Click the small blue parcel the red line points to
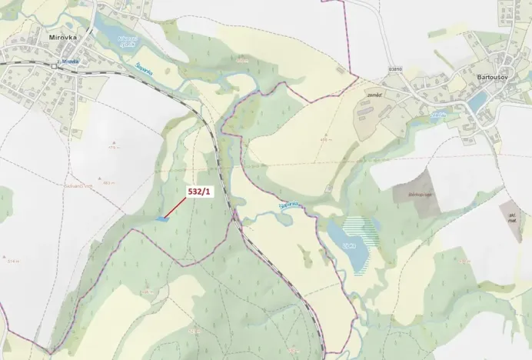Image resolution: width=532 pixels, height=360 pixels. pos(161,219)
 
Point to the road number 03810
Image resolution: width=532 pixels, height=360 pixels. pos(396,68)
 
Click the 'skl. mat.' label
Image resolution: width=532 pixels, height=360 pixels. pos(510,216)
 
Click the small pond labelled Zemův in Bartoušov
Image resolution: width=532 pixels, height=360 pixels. pos(438,115)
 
